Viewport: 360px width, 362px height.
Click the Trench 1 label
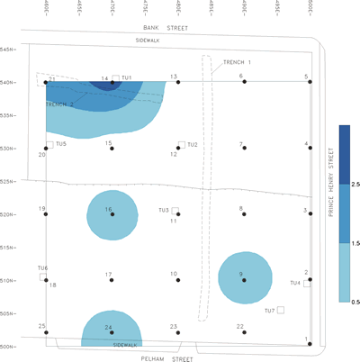237,61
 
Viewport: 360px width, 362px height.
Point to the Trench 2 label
60,105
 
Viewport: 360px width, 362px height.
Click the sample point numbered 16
112,214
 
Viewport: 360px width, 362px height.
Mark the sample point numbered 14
112,82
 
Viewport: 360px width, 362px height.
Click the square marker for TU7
281,311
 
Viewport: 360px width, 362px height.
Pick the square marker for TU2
181,144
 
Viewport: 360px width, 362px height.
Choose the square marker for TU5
49,144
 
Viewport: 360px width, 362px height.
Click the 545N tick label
9,49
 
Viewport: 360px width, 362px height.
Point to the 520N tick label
9,214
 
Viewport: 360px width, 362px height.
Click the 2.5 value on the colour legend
356,184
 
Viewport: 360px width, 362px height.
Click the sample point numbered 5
310,82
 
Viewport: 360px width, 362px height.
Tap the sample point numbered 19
46,214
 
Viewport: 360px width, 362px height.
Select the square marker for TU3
175,211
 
